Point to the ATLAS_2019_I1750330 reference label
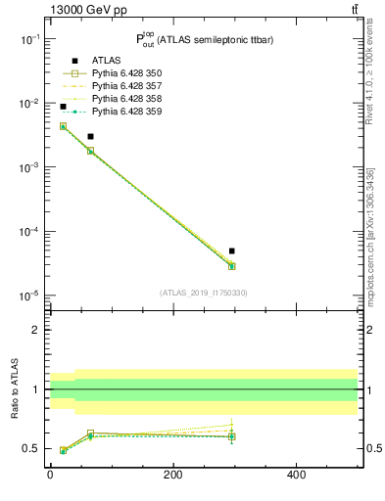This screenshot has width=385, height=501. pyautogui.click(x=205, y=292)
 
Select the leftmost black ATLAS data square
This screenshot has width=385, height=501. pyautogui.click(x=63, y=107)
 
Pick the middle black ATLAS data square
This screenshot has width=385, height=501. pyautogui.click(x=90, y=136)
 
